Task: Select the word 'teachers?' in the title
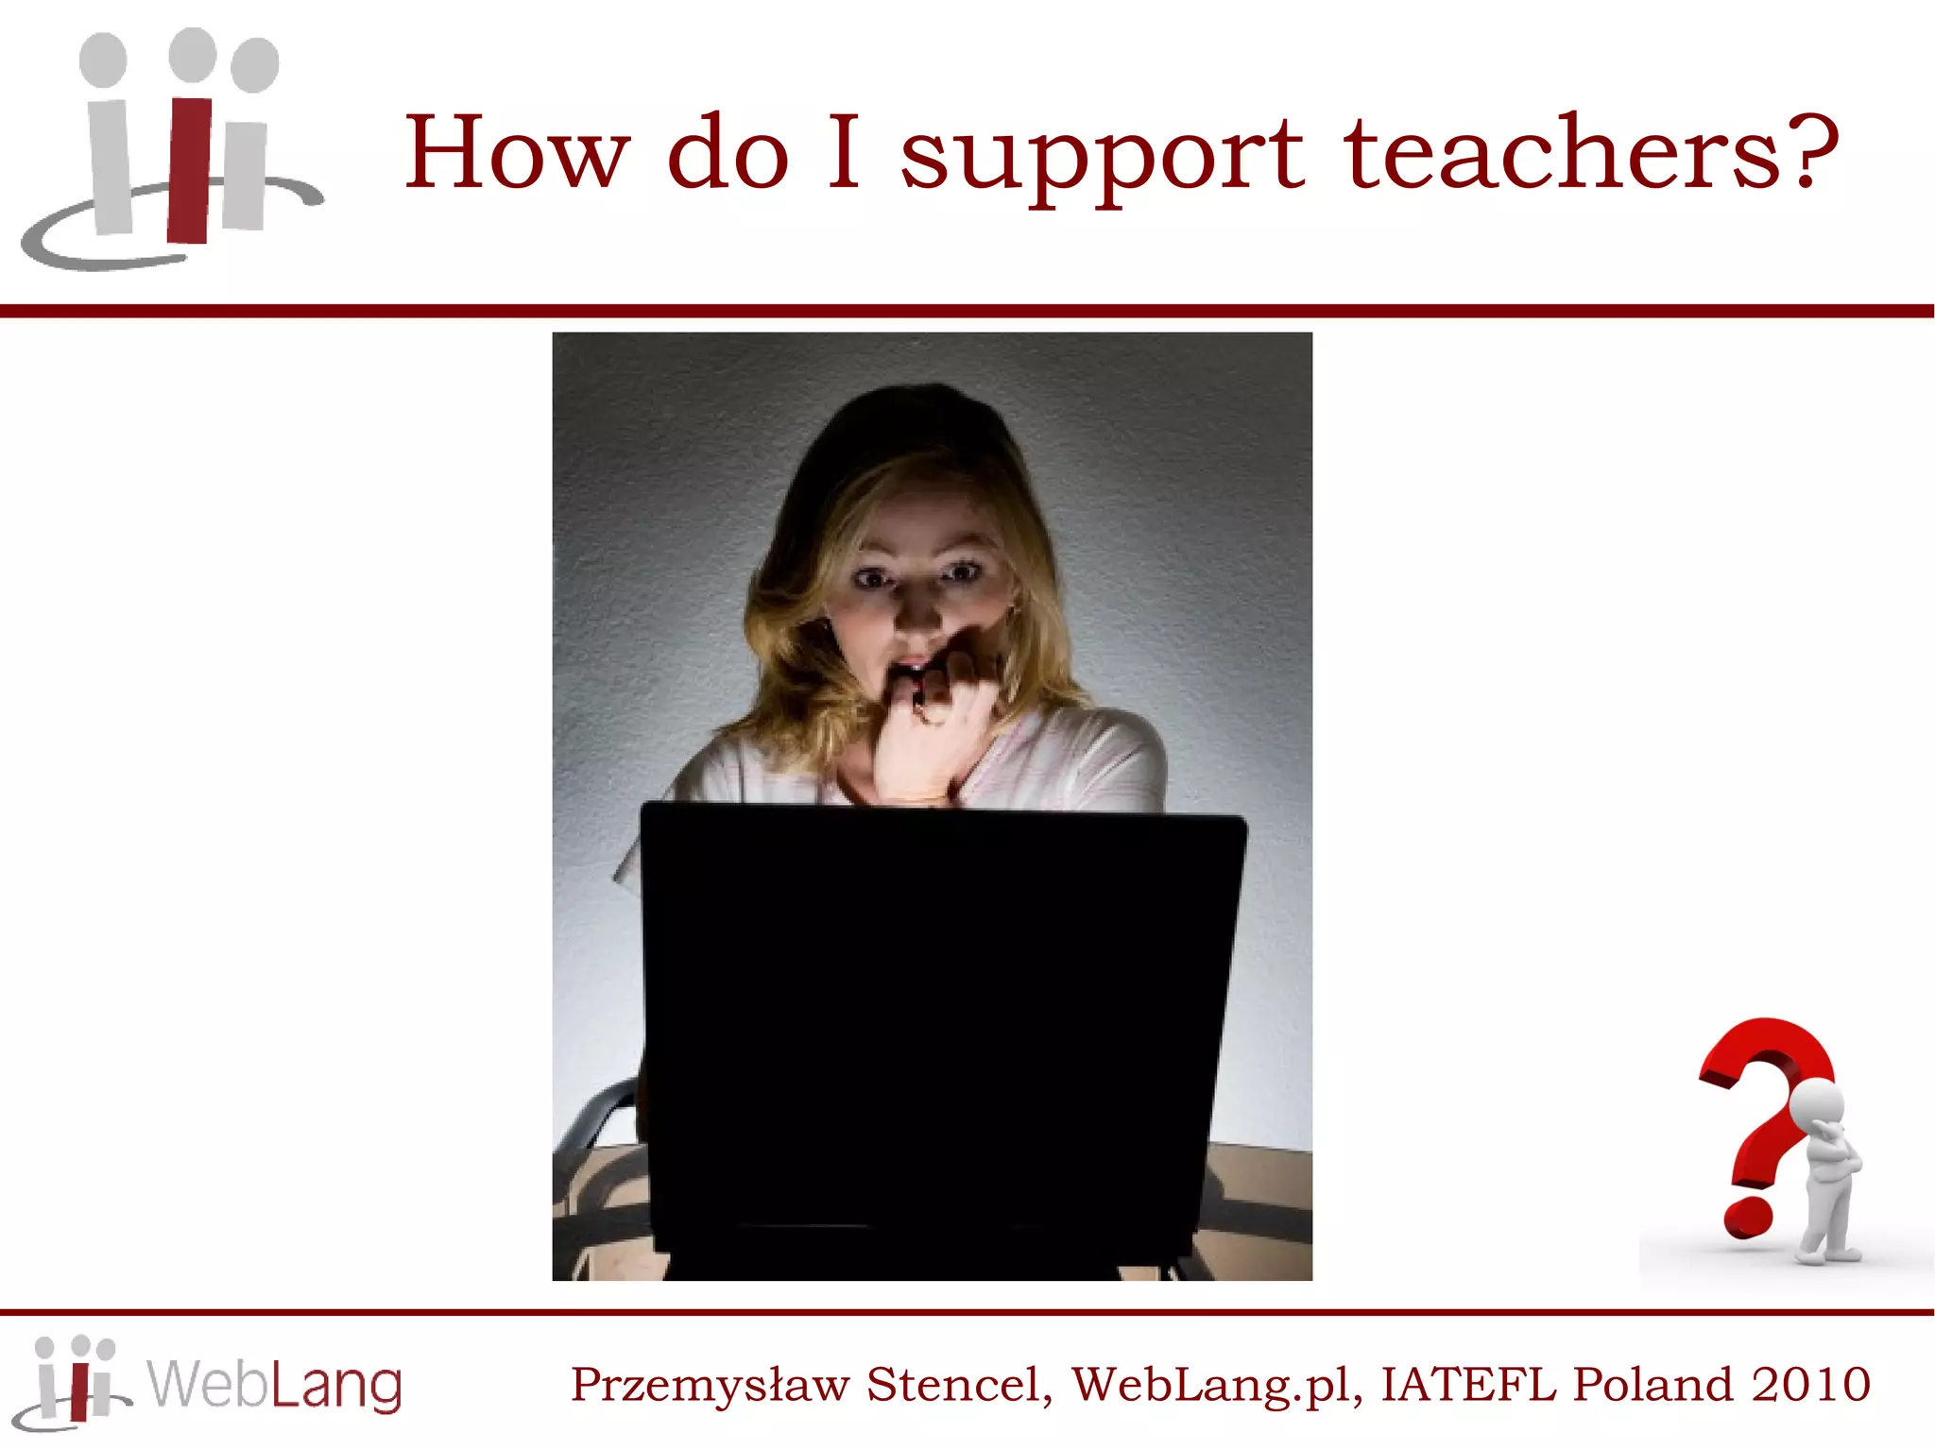click(1592, 153)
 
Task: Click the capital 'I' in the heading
click(844, 151)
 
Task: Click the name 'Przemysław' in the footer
click(710, 1385)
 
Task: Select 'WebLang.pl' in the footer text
click(1216, 1385)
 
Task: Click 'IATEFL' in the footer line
click(1467, 1385)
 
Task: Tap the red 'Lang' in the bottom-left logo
click(336, 1386)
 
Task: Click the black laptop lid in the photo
click(940, 1020)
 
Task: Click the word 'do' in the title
click(728, 153)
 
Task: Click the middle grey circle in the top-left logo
click(192, 55)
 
